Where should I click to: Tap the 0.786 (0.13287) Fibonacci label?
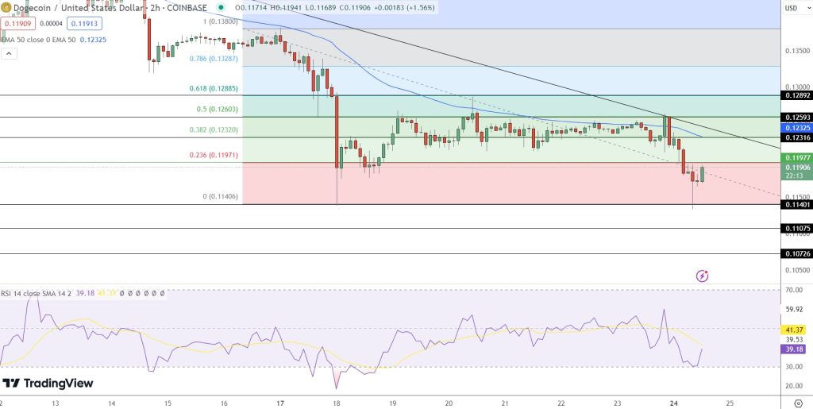(x=213, y=58)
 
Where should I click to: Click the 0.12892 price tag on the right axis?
(x=797, y=95)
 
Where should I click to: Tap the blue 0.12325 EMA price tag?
(x=797, y=128)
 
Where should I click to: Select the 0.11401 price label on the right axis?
(x=797, y=204)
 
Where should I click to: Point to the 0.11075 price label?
(x=797, y=229)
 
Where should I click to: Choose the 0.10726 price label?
(x=797, y=254)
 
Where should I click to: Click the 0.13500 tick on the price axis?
(x=797, y=51)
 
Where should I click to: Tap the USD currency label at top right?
(x=791, y=9)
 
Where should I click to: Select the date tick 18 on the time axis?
(x=337, y=403)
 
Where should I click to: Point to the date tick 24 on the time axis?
(x=673, y=403)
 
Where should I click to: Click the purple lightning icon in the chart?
(x=702, y=276)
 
